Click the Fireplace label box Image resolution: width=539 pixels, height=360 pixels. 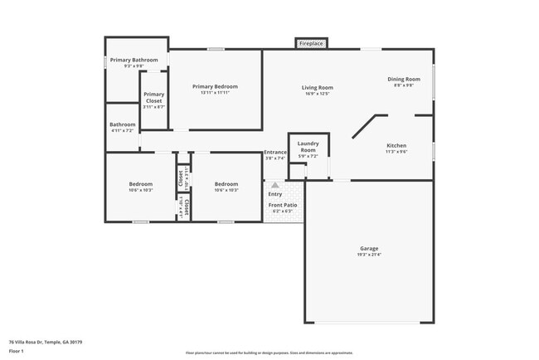tap(311, 43)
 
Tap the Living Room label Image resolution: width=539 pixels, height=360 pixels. tap(317, 87)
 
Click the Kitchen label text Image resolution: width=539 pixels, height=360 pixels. tap(396, 145)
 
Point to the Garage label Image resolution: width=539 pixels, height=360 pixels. tap(369, 248)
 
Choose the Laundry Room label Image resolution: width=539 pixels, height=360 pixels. tap(308, 146)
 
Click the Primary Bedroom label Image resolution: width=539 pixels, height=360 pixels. tap(215, 86)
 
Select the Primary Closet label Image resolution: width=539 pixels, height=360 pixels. tap(153, 97)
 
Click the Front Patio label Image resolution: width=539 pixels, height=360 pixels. tap(282, 205)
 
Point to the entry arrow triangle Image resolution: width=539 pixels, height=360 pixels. tap(275, 185)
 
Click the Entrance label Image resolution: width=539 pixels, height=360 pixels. tap(275, 152)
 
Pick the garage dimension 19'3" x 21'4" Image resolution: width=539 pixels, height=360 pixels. tap(369, 255)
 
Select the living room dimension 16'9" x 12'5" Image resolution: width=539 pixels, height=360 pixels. tap(317, 94)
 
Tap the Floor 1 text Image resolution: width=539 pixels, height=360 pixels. tap(17, 351)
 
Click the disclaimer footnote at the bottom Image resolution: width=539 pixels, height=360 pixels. tap(269, 352)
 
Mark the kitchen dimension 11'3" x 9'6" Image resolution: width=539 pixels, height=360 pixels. tap(396, 152)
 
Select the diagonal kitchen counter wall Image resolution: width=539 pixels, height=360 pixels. tap(365, 127)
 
